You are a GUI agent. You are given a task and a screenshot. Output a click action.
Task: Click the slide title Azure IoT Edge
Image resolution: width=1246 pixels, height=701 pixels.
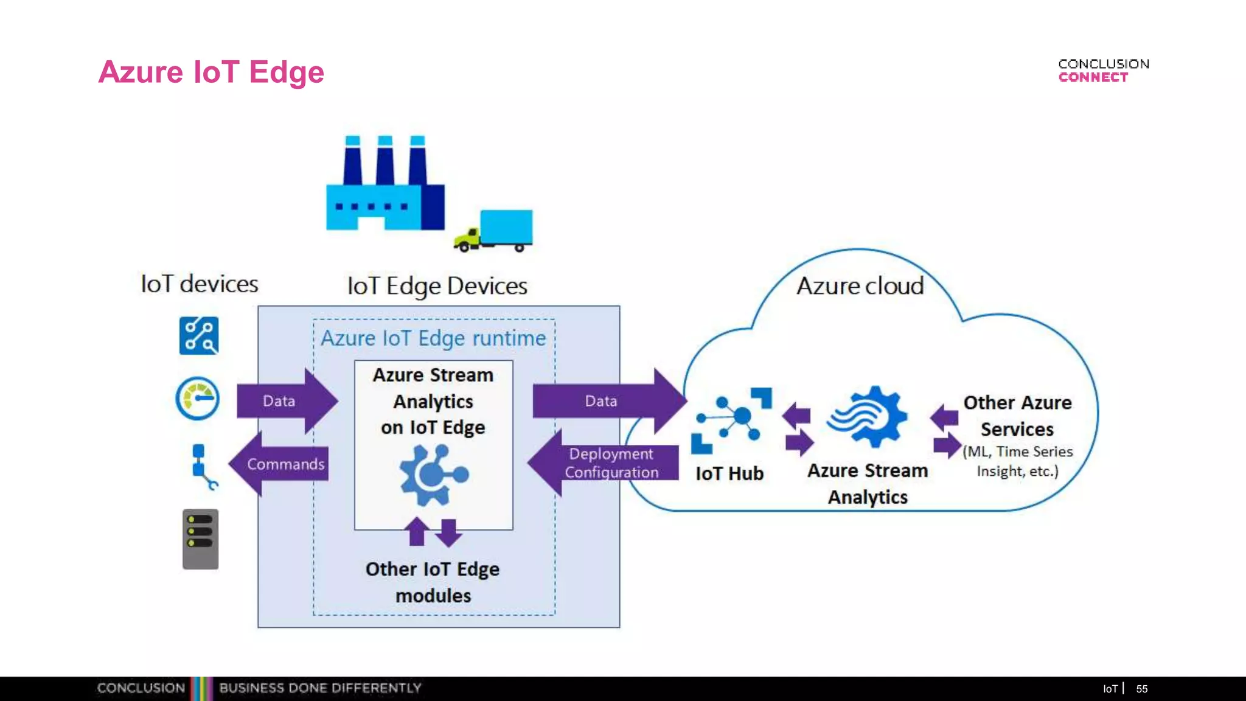click(x=211, y=72)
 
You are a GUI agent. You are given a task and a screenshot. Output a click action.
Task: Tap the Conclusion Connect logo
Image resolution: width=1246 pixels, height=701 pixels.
click(x=1103, y=71)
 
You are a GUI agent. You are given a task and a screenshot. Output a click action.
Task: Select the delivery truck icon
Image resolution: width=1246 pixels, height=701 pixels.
click(x=494, y=231)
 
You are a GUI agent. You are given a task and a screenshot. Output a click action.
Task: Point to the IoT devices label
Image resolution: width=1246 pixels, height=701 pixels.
click(x=199, y=284)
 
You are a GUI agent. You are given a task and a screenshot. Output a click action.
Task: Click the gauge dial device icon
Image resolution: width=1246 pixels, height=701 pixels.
click(x=198, y=399)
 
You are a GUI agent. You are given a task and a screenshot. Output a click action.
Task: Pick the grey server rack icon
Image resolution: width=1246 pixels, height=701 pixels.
click(x=200, y=539)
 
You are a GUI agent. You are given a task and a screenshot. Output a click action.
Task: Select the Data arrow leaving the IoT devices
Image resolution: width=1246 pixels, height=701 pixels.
click(x=286, y=401)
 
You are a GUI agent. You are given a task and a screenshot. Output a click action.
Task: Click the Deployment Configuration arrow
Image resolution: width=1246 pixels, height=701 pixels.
click(x=605, y=463)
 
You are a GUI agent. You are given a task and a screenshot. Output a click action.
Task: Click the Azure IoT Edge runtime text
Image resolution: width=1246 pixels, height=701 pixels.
click(x=433, y=338)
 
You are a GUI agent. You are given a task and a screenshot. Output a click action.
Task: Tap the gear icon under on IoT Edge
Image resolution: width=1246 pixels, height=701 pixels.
click(x=433, y=475)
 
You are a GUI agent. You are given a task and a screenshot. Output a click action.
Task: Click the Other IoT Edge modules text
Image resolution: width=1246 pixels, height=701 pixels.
click(x=433, y=582)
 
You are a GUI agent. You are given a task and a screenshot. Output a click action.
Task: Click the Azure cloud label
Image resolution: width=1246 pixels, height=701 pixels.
click(x=860, y=286)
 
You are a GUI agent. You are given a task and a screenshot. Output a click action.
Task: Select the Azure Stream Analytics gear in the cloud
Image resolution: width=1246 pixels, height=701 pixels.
click(x=867, y=417)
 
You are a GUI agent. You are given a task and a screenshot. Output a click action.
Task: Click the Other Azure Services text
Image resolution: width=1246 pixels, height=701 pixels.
click(x=1017, y=416)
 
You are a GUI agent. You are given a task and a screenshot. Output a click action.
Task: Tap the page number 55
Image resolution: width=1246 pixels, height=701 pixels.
click(x=1141, y=689)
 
